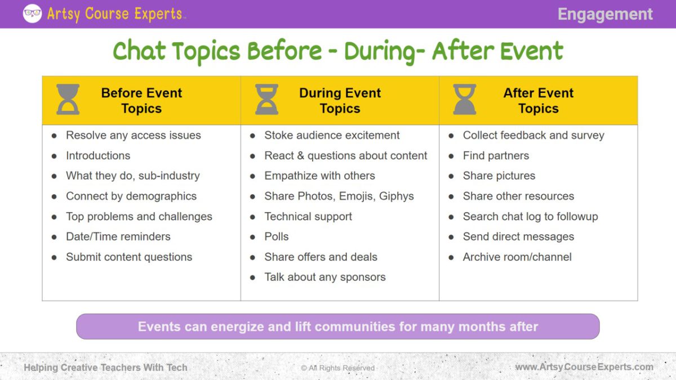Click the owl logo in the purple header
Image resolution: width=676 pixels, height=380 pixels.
click(x=32, y=14)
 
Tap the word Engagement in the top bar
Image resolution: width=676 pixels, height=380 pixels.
click(x=605, y=14)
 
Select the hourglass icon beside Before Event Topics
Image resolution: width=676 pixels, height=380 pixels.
click(x=68, y=100)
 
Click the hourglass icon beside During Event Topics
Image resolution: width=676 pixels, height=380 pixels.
click(x=266, y=100)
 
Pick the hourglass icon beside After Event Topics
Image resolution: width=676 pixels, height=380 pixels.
click(x=465, y=100)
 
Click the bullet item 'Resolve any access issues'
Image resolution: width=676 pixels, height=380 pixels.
click(x=133, y=135)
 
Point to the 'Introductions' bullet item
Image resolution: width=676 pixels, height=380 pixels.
click(x=98, y=155)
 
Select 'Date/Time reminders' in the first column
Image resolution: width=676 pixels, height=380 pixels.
click(x=118, y=236)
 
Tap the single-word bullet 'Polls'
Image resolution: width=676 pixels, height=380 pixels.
click(x=277, y=236)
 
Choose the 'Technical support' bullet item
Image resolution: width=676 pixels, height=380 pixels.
click(x=308, y=216)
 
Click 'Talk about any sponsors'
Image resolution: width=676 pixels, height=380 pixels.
click(x=325, y=277)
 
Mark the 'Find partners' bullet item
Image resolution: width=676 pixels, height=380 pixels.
click(x=496, y=155)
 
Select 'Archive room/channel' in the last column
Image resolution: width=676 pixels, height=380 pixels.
click(x=517, y=257)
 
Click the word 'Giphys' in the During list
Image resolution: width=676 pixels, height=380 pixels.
click(x=396, y=196)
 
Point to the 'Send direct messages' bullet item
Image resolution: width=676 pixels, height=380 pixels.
click(x=518, y=236)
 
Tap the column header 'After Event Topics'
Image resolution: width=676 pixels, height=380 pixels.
click(x=539, y=101)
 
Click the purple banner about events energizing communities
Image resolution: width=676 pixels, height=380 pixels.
click(x=338, y=327)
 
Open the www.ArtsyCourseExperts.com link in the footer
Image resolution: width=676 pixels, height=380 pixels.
click(x=584, y=367)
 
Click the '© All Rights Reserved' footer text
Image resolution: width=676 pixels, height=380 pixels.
click(x=338, y=368)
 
